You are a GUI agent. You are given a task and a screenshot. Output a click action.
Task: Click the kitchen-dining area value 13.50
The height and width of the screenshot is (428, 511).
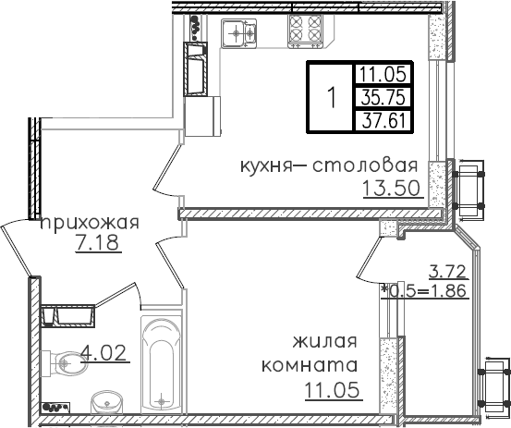(393, 190)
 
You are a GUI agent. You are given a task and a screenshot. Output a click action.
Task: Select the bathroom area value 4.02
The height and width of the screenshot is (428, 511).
(103, 351)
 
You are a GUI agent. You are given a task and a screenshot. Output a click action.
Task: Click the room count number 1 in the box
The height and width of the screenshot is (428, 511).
(330, 97)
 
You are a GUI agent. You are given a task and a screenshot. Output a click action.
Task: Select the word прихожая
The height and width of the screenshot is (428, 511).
(89, 222)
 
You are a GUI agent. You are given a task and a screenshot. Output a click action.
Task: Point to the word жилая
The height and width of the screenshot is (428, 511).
(325, 343)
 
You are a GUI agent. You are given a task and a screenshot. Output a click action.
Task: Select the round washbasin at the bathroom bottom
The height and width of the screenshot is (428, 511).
(106, 401)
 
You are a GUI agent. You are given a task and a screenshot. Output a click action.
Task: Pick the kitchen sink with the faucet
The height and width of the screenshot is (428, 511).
(243, 34)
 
